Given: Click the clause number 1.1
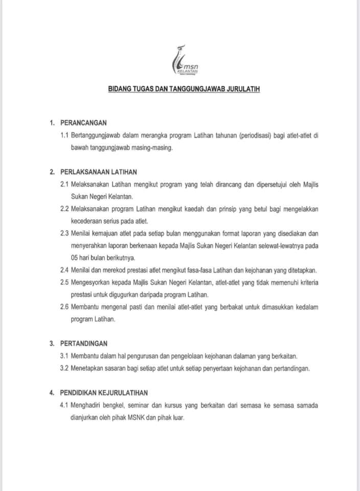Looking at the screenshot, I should pos(64,135).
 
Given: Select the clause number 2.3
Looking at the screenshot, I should pos(65,233).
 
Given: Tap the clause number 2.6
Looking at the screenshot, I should pos(65,306).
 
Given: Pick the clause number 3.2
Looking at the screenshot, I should pos(65,368).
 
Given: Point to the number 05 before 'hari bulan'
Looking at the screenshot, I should pos(75,257).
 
